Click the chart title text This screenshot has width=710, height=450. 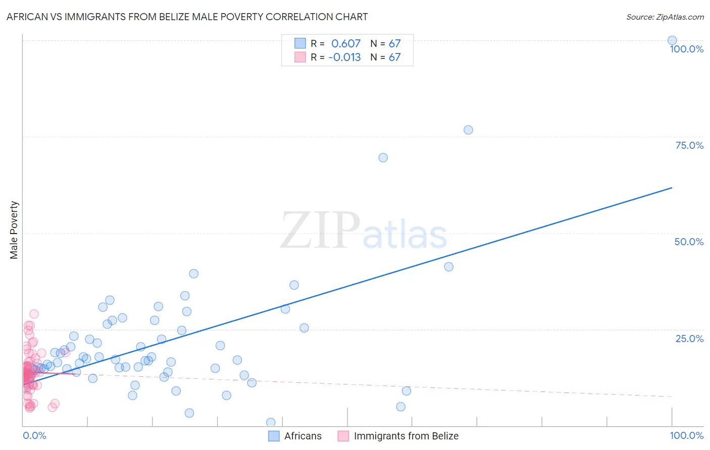[187, 17]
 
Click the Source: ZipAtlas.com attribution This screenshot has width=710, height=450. [665, 17]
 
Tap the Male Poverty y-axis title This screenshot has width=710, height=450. [14, 230]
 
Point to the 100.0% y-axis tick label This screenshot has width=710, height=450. [686, 49]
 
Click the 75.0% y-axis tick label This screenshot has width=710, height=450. [689, 145]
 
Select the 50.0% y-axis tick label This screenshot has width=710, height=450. [689, 242]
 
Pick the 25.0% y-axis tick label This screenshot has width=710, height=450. [689, 338]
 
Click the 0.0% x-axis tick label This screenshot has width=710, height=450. [34, 435]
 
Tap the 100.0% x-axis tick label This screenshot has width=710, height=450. [686, 435]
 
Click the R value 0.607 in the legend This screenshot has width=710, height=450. [346, 43]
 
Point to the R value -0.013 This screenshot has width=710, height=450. [344, 57]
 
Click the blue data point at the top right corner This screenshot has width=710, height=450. [672, 40]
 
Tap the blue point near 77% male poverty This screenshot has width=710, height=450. [468, 130]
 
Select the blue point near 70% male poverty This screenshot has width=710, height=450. [383, 157]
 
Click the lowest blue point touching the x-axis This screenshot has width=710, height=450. [271, 422]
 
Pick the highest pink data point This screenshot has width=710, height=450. [34, 314]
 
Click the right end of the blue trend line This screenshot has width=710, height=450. [672, 188]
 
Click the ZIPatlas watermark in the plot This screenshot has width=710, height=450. [364, 231]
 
